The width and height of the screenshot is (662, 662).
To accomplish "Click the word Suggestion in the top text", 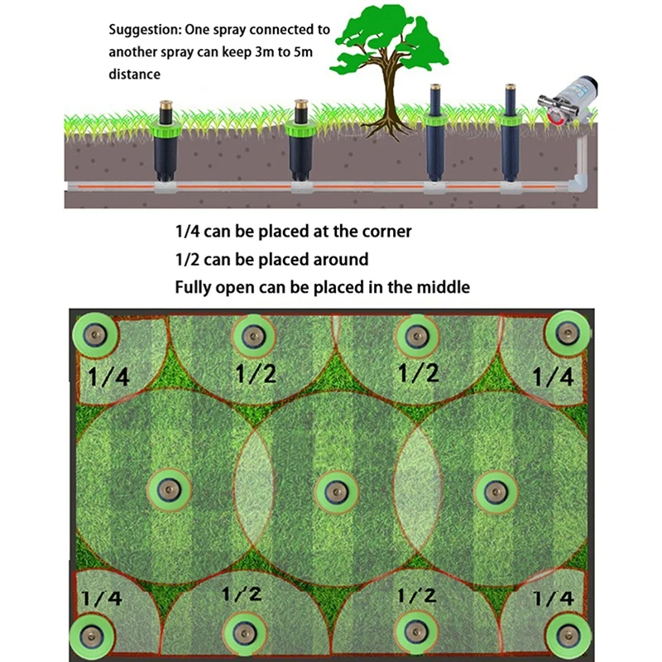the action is coord(146,30).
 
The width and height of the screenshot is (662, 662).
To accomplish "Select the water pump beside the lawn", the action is coord(567,100).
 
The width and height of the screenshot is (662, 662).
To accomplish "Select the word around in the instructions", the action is coord(341,259).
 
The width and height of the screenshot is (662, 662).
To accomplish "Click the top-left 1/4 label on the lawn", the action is coord(108,377).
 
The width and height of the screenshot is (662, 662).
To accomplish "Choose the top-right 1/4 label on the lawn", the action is coord(552,377).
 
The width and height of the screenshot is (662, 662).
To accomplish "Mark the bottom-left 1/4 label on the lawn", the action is coord(102,598).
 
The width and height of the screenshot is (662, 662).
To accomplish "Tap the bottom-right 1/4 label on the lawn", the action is coord(553,598).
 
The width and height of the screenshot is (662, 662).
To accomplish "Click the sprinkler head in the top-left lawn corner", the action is coord(95,336).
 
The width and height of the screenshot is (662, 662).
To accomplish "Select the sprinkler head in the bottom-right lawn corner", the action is coord(568,635).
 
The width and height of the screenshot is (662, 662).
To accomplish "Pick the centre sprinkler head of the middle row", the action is coord(337,492).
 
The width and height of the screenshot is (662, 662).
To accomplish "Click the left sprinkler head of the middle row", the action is coord(169,490).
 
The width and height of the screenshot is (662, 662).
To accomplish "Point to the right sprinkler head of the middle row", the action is coord(496,492).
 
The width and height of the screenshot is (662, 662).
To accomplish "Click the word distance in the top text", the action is coord(134,74).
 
